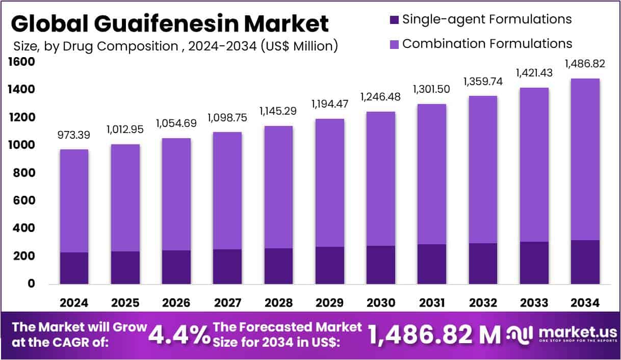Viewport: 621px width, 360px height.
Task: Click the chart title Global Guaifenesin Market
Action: point(170,23)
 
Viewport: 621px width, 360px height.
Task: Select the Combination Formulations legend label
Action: point(487,44)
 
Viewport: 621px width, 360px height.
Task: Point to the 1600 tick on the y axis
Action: point(21,62)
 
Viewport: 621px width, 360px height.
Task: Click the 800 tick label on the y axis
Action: point(23,173)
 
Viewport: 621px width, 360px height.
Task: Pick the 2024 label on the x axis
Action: point(74,303)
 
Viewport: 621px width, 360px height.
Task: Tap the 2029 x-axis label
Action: point(329,303)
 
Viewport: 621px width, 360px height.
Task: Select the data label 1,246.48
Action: point(380,97)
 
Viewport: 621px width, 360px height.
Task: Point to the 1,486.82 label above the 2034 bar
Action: point(585,64)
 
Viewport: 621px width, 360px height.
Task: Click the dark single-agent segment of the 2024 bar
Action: point(74,268)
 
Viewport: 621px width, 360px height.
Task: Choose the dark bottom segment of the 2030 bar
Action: point(380,265)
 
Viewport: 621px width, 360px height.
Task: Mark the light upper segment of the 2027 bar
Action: point(227,191)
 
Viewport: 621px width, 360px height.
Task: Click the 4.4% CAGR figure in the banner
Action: point(179,335)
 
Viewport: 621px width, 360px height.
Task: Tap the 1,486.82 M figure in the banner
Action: point(435,335)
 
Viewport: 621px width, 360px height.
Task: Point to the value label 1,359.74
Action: point(483,82)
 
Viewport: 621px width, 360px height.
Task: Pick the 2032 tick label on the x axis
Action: point(483,303)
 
